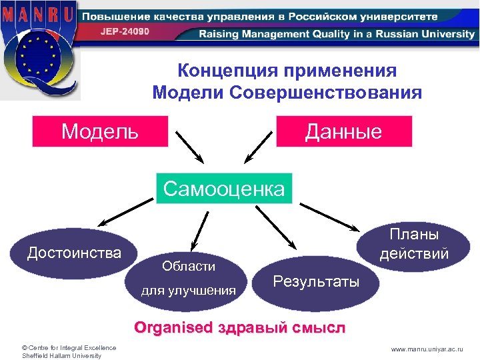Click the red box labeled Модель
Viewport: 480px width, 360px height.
pos(100,131)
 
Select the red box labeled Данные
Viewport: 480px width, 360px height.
pos(344,131)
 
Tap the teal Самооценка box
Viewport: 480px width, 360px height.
pos(224,189)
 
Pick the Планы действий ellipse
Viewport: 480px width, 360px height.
pos(413,245)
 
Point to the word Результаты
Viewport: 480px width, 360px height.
pos(316,282)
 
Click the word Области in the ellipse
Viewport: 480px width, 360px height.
pos(189,266)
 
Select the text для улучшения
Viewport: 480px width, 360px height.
pos(189,290)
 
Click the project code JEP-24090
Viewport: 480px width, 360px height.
pos(125,31)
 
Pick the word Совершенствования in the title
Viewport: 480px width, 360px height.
pos(327,92)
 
